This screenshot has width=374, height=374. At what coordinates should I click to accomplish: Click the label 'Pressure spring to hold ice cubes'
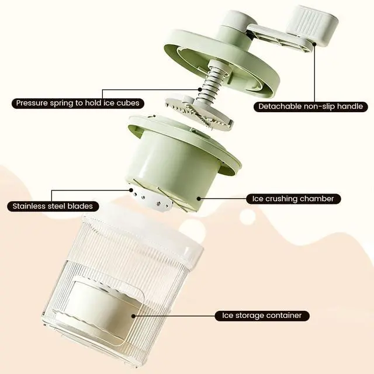(78, 103)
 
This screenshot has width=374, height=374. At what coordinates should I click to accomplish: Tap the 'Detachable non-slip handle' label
(310, 106)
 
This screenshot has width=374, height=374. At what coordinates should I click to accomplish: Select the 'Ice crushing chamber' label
(293, 199)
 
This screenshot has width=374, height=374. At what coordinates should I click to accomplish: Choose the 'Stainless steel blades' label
(53, 206)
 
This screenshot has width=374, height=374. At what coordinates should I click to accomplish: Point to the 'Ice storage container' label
(262, 316)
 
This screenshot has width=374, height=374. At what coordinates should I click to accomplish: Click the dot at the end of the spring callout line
(200, 89)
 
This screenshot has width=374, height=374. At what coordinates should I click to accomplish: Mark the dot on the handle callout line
(314, 44)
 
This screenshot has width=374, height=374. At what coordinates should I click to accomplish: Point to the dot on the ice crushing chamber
(199, 199)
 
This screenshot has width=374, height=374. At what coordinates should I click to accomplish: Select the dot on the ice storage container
(133, 316)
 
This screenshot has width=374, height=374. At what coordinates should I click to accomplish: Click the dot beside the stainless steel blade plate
(131, 190)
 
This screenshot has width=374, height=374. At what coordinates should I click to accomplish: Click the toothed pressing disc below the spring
(199, 112)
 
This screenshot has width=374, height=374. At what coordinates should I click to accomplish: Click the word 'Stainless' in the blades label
(28, 206)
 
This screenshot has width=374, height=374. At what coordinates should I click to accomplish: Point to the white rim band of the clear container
(143, 234)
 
